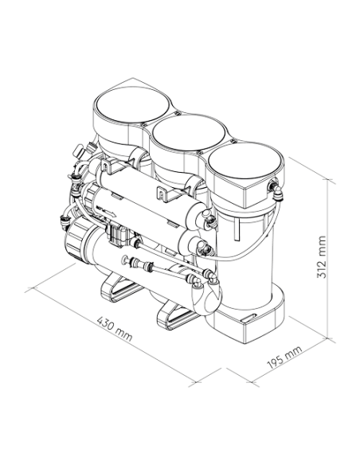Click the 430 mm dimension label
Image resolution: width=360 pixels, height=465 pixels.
(x=115, y=329)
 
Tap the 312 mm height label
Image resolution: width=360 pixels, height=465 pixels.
(x=322, y=257)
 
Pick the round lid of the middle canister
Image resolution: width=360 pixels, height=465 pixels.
(x=189, y=133)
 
